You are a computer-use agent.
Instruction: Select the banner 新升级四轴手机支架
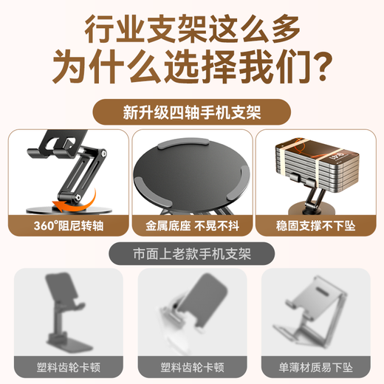pos(191,112)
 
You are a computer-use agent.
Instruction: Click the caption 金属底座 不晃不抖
pos(191,224)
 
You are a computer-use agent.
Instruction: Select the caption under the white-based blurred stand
pos(191,366)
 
